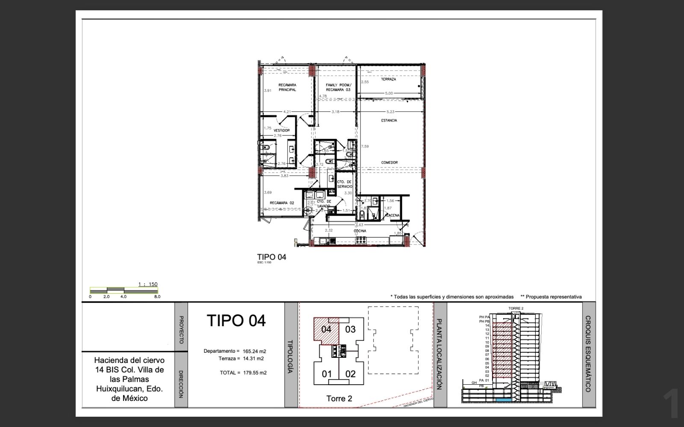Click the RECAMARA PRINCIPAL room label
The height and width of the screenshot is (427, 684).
[287, 87]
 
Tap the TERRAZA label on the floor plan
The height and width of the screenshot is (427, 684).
[388, 79]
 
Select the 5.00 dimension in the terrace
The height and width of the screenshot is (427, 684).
[389, 93]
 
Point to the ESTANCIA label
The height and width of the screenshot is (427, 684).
[389, 120]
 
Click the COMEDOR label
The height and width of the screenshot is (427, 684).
[389, 163]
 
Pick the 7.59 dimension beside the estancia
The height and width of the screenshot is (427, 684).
[365, 146]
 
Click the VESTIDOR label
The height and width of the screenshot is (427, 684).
[282, 131]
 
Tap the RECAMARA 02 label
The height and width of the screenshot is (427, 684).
[282, 203]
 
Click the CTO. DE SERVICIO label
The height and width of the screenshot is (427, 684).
[344, 184]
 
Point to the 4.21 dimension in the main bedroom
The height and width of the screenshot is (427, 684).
[287, 112]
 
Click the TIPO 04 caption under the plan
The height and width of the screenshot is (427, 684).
[271, 257]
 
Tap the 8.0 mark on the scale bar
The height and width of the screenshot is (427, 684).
[157, 296]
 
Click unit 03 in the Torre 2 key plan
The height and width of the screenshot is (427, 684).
[350, 329]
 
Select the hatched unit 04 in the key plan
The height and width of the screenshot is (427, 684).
[326, 329]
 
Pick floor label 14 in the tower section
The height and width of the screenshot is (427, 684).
[487, 325]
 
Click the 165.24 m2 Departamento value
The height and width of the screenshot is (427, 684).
[254, 351]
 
